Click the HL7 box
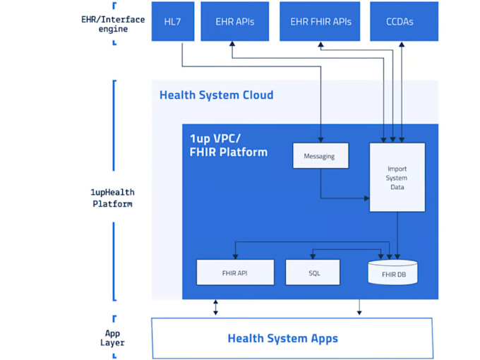(x=172, y=21)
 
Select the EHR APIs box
(x=234, y=21)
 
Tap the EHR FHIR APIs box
(x=320, y=21)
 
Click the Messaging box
(x=320, y=155)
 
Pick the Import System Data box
(x=397, y=177)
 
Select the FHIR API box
(x=235, y=272)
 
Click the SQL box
(x=312, y=272)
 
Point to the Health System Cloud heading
(x=216, y=95)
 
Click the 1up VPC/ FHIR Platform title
(x=228, y=145)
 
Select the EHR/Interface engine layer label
(x=113, y=24)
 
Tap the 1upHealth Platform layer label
(x=113, y=198)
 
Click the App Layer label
(x=113, y=337)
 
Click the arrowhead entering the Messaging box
(x=320, y=139)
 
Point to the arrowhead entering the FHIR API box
(x=235, y=256)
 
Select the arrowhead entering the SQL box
(x=312, y=256)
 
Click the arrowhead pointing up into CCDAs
(x=402, y=44)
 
